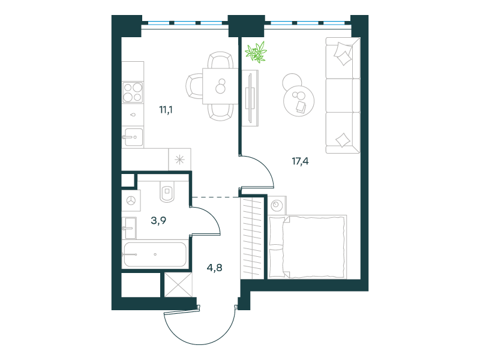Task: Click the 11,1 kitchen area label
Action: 166,110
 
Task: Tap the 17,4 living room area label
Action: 301,161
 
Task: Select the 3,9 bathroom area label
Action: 158,220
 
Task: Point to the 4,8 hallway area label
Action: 215,268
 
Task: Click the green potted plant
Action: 256,52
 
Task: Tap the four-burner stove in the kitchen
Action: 133,92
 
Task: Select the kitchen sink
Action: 133,137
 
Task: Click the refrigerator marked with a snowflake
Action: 179,160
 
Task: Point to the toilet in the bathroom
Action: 167,192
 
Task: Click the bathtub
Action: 155,254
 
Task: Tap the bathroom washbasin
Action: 129,228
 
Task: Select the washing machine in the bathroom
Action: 131,200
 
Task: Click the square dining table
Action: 220,86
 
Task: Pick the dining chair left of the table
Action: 194,86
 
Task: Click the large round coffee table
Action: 299,101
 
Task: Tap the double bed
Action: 307,247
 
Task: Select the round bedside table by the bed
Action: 277,205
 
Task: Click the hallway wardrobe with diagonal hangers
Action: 252,238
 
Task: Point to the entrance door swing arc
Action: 200,332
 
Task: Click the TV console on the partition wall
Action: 250,98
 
